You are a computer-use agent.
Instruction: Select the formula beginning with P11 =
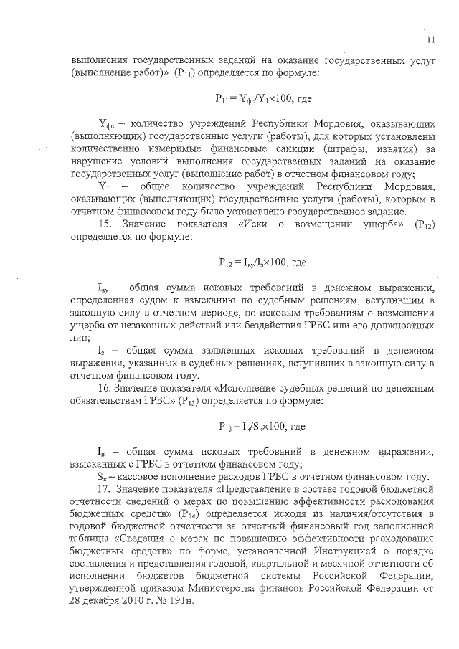pyautogui.click(x=261, y=95)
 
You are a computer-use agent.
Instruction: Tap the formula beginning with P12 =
pyautogui.click(x=262, y=262)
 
